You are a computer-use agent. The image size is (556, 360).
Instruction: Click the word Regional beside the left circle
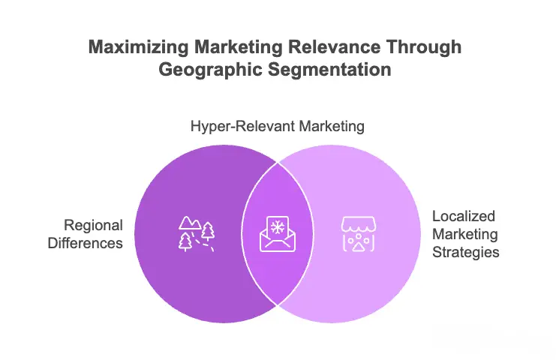[93, 225]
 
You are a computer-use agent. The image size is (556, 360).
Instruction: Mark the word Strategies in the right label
[465, 252]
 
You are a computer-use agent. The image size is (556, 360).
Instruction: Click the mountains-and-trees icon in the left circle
[197, 233]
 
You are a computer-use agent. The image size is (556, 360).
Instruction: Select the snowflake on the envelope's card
[278, 227]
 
